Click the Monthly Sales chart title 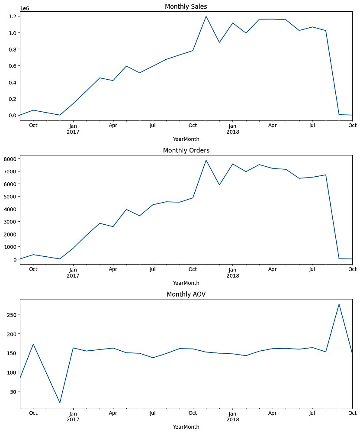click(x=186, y=6)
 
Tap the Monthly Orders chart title click(x=186, y=150)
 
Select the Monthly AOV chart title click(x=186, y=294)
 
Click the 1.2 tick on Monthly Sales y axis click(x=12, y=16)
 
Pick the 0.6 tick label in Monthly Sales click(x=12, y=66)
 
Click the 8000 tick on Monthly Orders click(x=10, y=159)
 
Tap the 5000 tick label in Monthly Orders click(x=10, y=197)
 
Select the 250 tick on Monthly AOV click(x=11, y=315)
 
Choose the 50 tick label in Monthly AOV click(x=13, y=391)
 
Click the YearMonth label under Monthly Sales click(x=186, y=139)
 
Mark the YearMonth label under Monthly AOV click(x=186, y=427)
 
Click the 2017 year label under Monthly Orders click(x=73, y=275)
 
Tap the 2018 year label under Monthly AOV click(x=232, y=419)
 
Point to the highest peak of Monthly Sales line click(x=206, y=16)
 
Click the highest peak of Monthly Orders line click(x=206, y=160)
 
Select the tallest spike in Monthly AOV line click(x=339, y=304)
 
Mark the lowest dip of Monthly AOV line click(x=60, y=403)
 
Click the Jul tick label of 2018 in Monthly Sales click(x=312, y=126)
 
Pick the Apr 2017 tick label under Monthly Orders click(x=113, y=269)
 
